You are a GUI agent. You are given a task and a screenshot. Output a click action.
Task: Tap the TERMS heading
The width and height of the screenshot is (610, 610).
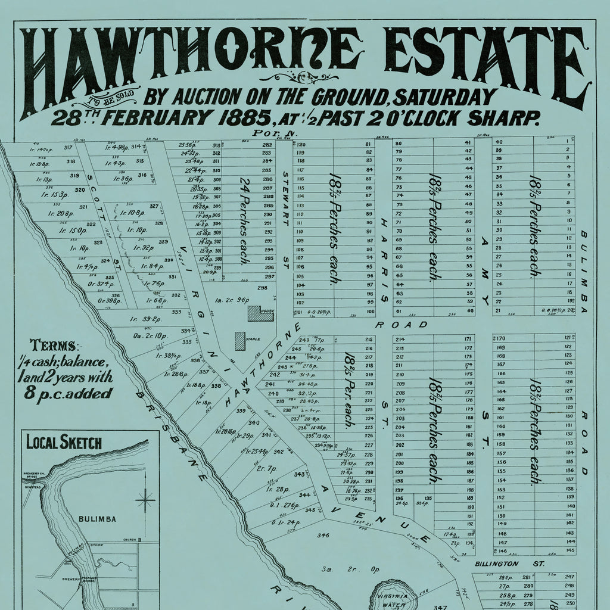point(54,346)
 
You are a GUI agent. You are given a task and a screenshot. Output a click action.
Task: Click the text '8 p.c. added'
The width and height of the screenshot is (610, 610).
point(68,393)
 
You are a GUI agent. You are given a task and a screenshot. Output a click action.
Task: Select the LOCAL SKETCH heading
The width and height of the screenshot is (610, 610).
point(64,443)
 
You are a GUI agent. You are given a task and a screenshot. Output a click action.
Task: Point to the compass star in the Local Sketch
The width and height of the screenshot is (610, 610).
point(145,500)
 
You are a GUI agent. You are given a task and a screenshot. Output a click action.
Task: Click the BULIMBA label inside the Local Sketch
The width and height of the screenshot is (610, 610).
point(97,519)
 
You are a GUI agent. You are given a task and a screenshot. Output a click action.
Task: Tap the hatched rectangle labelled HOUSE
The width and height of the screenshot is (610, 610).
point(260,313)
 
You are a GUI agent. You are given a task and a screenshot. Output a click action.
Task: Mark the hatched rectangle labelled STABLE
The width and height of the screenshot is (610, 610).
point(239,341)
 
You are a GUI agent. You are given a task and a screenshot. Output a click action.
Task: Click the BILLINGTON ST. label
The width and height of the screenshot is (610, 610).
point(497,564)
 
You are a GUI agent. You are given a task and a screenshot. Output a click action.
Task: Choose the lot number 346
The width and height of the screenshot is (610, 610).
point(323,536)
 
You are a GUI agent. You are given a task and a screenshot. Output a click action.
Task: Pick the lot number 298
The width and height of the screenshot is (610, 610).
point(262,288)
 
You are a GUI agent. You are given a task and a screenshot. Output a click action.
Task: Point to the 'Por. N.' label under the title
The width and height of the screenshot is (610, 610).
point(265,133)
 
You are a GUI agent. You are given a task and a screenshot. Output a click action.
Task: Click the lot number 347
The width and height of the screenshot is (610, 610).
point(440,607)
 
